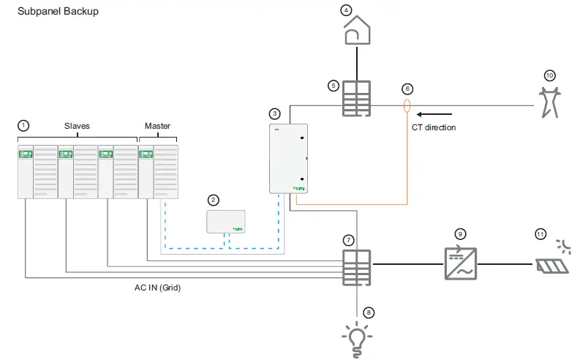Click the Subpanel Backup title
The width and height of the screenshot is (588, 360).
click(58, 11)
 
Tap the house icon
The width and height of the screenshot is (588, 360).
click(357, 30)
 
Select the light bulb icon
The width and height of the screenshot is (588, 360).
click(357, 340)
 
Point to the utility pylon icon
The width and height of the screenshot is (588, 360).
click(550, 102)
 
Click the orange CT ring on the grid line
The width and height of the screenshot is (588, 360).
click(407, 106)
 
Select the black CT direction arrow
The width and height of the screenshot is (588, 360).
click(434, 114)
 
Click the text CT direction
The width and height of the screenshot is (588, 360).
click(434, 127)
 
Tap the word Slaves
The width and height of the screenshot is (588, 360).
click(77, 126)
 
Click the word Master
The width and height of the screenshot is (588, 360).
click(157, 126)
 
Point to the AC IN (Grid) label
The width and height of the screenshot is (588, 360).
click(157, 288)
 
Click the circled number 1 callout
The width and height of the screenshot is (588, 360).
click(23, 126)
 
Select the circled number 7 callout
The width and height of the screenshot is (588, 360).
click(348, 240)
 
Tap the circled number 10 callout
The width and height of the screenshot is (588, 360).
click(549, 75)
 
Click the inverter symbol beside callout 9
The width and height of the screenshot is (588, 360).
click(461, 263)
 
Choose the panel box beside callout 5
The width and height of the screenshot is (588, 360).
click(357, 98)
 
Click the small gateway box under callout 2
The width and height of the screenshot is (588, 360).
click(226, 222)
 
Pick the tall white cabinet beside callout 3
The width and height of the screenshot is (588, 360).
click(288, 159)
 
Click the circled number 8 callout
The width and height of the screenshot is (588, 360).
click(369, 312)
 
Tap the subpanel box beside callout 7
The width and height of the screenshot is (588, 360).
click(357, 268)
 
